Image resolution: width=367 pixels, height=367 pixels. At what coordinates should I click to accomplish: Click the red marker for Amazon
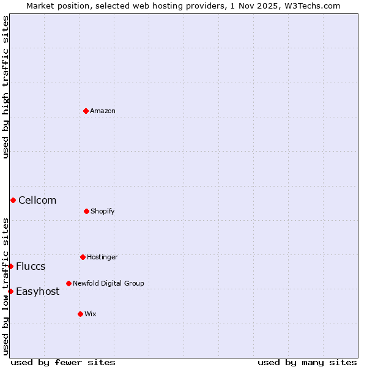86,111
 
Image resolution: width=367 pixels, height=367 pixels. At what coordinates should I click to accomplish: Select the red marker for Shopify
86,211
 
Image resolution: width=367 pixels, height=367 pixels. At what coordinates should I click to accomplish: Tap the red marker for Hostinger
83,257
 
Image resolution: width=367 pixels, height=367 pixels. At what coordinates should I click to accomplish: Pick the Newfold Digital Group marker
69,283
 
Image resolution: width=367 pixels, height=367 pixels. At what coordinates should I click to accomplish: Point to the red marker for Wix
80,314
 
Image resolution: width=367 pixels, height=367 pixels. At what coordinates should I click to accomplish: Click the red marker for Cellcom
13,200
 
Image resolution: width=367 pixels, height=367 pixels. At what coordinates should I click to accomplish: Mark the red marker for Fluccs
10,266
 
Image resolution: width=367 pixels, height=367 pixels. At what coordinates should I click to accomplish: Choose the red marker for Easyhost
10,291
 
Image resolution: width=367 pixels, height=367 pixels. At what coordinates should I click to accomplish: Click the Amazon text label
103,111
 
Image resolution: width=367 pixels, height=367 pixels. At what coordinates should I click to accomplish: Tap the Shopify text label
103,211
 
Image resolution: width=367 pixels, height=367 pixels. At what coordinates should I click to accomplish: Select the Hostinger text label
102,257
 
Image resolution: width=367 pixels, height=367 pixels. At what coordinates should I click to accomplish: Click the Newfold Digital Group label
108,283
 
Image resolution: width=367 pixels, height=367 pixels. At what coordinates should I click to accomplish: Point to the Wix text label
91,314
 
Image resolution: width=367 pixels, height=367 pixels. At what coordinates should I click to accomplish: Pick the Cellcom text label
37,200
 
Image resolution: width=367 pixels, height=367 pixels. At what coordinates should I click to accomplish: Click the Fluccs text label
31,266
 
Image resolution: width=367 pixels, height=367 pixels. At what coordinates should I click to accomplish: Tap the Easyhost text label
38,291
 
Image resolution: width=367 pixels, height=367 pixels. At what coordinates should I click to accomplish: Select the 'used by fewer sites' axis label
63,362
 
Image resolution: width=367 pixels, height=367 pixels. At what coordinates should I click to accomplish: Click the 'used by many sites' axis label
307,362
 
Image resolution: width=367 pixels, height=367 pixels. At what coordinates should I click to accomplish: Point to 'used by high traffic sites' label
6,87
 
